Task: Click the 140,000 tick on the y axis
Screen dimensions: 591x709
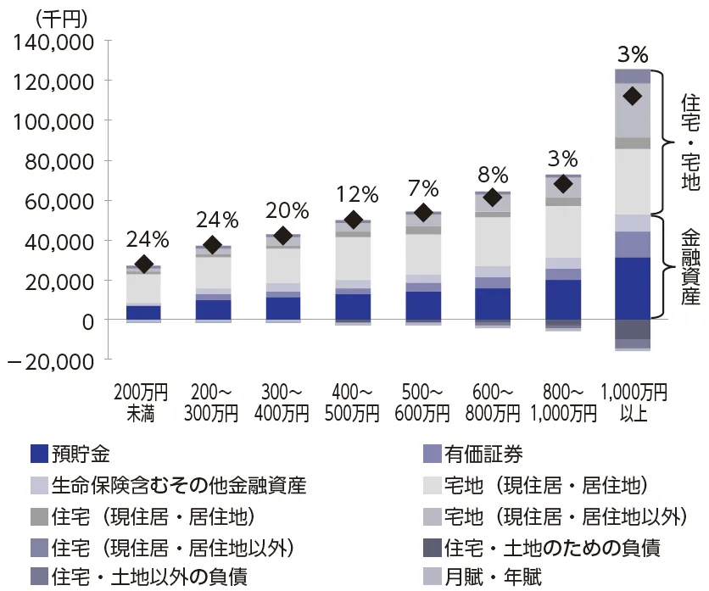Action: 53,41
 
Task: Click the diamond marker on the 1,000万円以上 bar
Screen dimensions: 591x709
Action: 632,97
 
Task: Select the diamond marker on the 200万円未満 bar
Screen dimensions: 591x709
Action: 144,265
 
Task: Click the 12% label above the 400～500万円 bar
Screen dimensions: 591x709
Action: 354,194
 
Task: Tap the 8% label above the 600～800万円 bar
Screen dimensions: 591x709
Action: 493,176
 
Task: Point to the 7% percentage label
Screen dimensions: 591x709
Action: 423,188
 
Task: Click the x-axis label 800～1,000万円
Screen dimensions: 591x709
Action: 562,403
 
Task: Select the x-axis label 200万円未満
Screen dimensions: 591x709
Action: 144,403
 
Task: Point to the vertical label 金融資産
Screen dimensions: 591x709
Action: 689,270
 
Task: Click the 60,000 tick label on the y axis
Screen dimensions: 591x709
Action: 58,201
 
